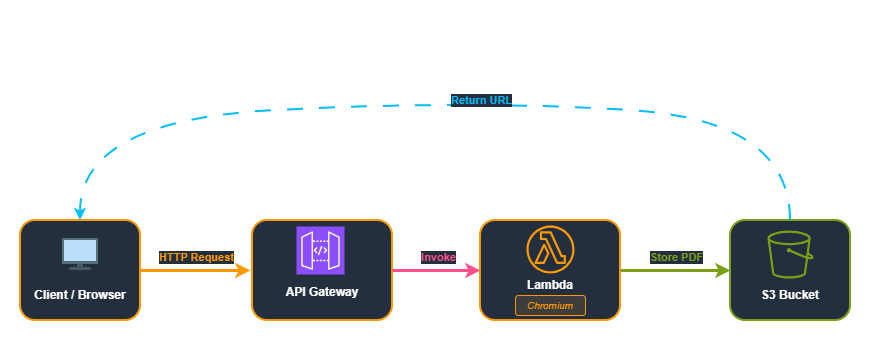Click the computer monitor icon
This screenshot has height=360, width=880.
[x=80, y=253]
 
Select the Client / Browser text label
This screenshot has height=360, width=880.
[x=80, y=295]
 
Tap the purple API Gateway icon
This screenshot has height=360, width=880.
[x=320, y=250]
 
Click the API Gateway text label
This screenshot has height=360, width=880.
[x=321, y=292]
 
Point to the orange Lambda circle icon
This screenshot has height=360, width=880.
[x=550, y=249]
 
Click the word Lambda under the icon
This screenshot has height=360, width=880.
[x=550, y=285]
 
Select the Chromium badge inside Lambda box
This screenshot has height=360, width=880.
[x=550, y=305]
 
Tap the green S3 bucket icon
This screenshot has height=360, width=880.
[x=789, y=255]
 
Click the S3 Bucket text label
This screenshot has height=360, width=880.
[x=789, y=295]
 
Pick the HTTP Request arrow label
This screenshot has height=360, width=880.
[x=196, y=257]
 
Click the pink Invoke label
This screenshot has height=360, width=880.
[x=438, y=257]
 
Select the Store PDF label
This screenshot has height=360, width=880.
[x=676, y=257]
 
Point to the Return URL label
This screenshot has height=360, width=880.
[x=481, y=100]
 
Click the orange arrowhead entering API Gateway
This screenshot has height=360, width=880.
[x=243, y=270]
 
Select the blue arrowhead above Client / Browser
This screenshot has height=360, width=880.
[x=80, y=213]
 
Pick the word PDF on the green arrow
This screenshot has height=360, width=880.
[x=691, y=257]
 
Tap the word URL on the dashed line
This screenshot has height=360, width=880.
[x=499, y=100]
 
